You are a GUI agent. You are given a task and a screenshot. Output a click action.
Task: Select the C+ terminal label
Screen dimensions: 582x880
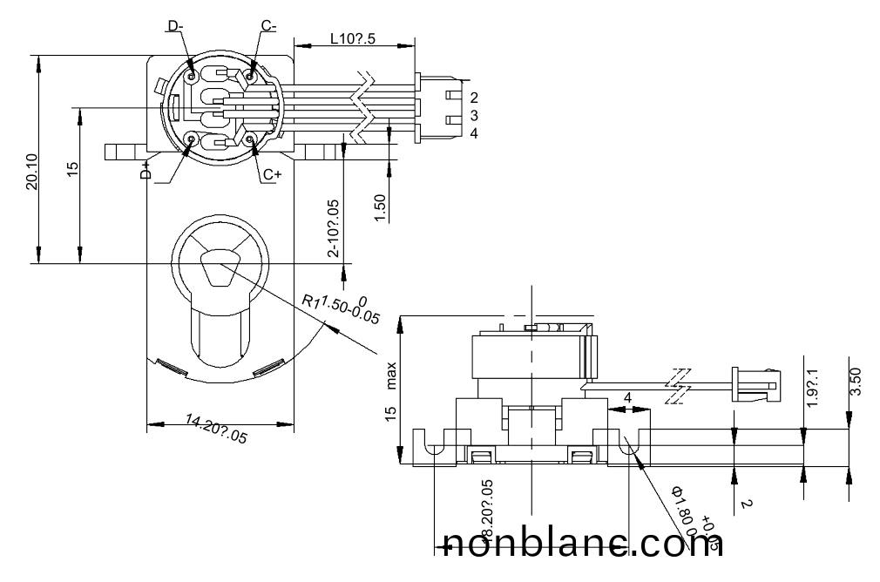coord(272,174)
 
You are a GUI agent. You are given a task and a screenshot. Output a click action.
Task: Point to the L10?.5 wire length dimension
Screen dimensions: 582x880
coord(354,38)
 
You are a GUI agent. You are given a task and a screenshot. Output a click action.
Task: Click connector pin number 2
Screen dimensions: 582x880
coord(473,97)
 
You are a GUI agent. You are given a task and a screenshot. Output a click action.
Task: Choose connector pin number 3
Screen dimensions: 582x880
coord(473,115)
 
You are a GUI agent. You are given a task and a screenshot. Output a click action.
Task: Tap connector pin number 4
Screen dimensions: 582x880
coord(473,133)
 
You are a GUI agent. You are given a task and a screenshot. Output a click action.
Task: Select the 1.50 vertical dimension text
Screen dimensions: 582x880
coord(380,208)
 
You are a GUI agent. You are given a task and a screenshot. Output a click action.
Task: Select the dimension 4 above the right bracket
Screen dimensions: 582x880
coord(627,399)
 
